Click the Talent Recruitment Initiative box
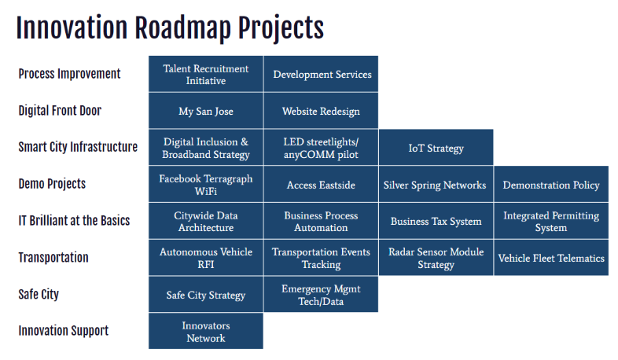click(x=206, y=74)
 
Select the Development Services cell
click(x=321, y=74)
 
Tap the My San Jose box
click(x=206, y=111)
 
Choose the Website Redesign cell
click(x=321, y=111)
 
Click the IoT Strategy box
click(x=436, y=147)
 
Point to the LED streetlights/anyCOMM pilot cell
click(x=321, y=147)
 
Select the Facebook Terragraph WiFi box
click(x=206, y=184)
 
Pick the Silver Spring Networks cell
click(x=436, y=184)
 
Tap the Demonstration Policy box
click(x=551, y=184)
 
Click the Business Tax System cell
click(x=436, y=221)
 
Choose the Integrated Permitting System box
click(x=551, y=221)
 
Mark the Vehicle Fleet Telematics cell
click(x=551, y=258)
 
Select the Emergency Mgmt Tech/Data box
click(x=321, y=294)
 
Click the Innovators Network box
click(x=206, y=331)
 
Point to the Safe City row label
click(x=39, y=294)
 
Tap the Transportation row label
click(x=53, y=257)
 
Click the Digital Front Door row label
click(x=60, y=111)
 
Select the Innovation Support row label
click(x=64, y=331)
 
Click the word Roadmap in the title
click(x=182, y=28)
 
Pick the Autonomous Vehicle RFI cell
click(x=206, y=258)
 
